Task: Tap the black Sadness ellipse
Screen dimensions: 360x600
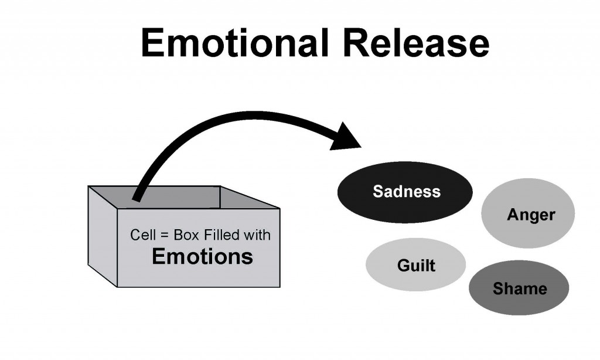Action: pyautogui.click(x=405, y=192)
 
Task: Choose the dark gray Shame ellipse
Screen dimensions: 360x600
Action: pyautogui.click(x=519, y=288)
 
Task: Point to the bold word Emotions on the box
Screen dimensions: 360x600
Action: pyautogui.click(x=202, y=257)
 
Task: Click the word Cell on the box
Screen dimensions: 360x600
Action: pyautogui.click(x=140, y=236)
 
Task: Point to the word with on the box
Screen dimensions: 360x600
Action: pyautogui.click(x=258, y=236)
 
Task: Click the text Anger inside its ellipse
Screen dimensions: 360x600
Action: pyautogui.click(x=531, y=215)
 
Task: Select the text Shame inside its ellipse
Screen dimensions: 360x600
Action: pyautogui.click(x=520, y=288)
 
